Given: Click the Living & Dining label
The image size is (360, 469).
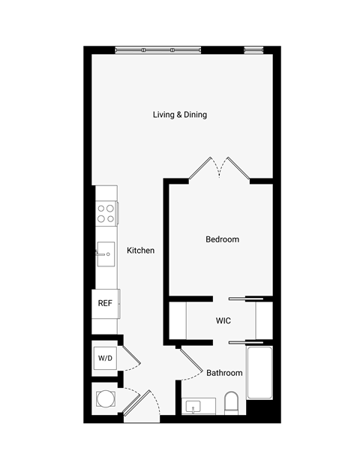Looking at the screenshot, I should [x=180, y=115].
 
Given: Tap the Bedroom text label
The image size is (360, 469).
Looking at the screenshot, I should [x=222, y=239].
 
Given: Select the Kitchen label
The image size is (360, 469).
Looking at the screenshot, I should [x=140, y=251].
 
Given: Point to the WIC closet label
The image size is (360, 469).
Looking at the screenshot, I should [x=223, y=321].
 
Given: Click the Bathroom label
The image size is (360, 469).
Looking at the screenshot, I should [x=224, y=373].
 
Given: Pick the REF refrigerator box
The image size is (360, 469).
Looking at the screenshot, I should [x=105, y=304].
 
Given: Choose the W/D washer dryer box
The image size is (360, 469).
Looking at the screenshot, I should [x=104, y=359].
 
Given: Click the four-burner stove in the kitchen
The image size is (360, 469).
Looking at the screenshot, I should [x=106, y=214].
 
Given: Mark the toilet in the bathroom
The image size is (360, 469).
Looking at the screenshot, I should [x=231, y=404].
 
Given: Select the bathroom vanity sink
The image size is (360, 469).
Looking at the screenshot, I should [x=195, y=407].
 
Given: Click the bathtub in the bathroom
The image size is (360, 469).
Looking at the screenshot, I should [x=259, y=374].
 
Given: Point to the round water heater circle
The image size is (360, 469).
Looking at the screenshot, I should [x=103, y=398].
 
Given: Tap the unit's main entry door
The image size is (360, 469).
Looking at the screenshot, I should [x=139, y=404].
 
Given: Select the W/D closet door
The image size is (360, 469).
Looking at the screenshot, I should [x=129, y=360].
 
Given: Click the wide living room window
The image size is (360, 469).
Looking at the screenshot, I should [x=157, y=50].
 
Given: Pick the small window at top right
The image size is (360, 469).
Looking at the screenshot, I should [x=255, y=50].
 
